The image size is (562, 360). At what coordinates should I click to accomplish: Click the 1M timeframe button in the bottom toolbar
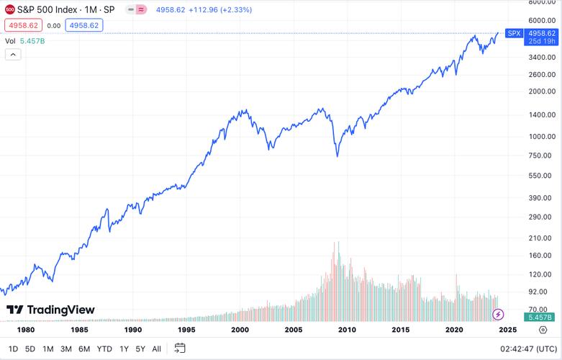click(48, 348)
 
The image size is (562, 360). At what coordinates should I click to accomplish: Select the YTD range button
click(104, 348)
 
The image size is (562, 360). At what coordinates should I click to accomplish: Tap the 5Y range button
click(140, 348)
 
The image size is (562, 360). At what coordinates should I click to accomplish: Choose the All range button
click(157, 348)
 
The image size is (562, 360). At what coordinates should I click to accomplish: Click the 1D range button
click(13, 348)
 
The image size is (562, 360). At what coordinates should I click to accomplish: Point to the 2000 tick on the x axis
click(240, 329)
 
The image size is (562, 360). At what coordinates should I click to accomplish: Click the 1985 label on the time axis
click(79, 329)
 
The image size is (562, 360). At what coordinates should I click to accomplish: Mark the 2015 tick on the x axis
click(400, 329)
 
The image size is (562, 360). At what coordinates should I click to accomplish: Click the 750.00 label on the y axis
click(540, 156)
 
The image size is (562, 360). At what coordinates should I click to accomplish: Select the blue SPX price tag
click(514, 33)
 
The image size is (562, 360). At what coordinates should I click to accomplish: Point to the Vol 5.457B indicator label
click(25, 41)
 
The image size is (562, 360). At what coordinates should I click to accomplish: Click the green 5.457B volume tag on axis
click(540, 317)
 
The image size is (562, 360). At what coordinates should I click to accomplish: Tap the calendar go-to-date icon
click(180, 348)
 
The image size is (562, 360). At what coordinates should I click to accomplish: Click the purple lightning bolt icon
click(498, 315)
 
